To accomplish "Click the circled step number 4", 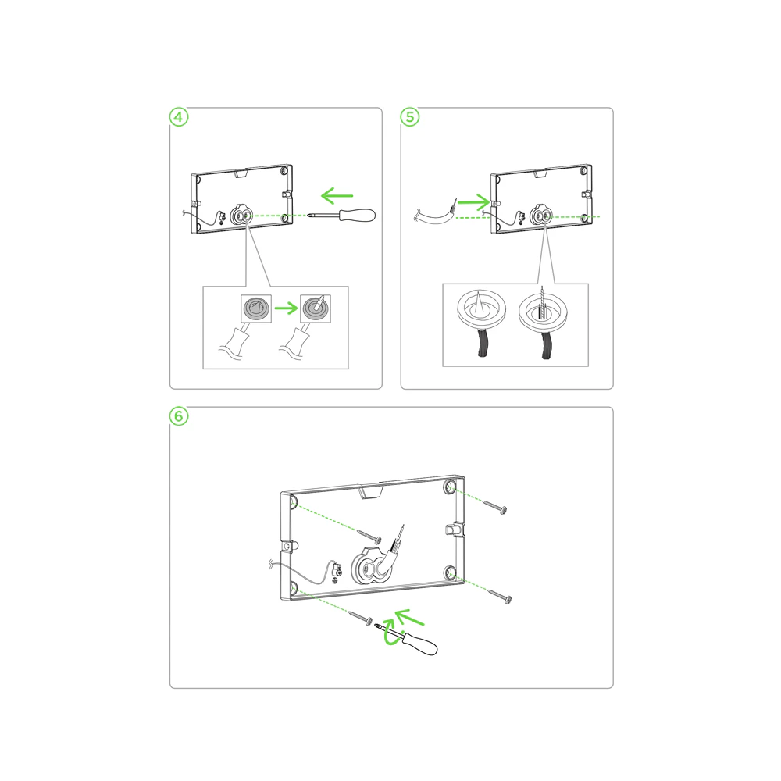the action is click(x=179, y=117).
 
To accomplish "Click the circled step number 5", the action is click(x=410, y=117).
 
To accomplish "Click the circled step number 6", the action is click(x=179, y=416).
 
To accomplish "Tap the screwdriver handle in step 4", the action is click(x=357, y=216).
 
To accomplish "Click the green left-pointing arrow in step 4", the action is click(x=337, y=196).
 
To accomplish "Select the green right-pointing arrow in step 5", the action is click(x=474, y=201).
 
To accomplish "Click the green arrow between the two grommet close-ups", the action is click(x=286, y=308).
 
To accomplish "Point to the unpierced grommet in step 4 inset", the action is click(x=256, y=308).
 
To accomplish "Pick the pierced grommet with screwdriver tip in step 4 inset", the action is click(x=316, y=308).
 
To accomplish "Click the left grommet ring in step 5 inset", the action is click(x=482, y=308).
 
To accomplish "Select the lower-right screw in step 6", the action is click(x=499, y=596).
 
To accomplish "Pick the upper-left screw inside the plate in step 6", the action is click(x=369, y=537).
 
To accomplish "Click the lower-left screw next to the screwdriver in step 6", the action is click(x=359, y=618).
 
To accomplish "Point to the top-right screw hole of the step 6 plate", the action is click(x=450, y=486).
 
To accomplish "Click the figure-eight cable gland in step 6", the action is click(x=369, y=567).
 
